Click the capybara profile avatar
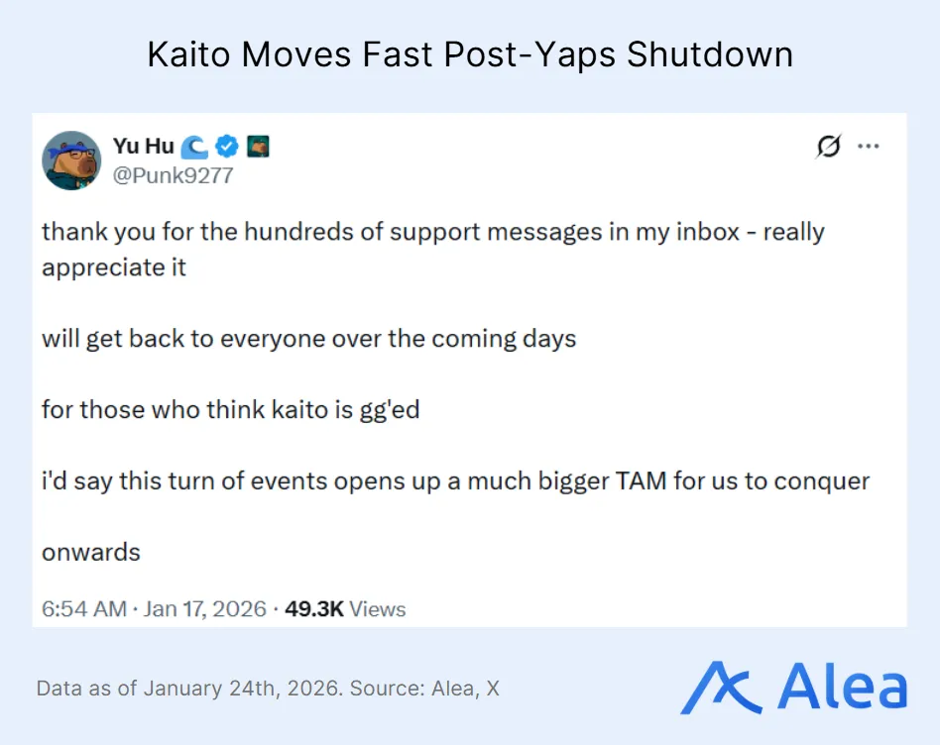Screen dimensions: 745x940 [71, 160]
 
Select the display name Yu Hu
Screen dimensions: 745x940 [143, 147]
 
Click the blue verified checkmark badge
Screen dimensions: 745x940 [228, 147]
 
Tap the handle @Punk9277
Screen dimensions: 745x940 [173, 175]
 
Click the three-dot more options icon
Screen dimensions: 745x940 [869, 147]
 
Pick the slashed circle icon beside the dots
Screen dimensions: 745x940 [828, 147]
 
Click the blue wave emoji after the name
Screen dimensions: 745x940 [195, 147]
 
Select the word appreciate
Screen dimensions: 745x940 [102, 267]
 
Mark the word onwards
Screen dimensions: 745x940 [91, 552]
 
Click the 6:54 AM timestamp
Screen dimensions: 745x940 [83, 608]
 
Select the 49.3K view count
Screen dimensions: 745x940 [313, 608]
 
